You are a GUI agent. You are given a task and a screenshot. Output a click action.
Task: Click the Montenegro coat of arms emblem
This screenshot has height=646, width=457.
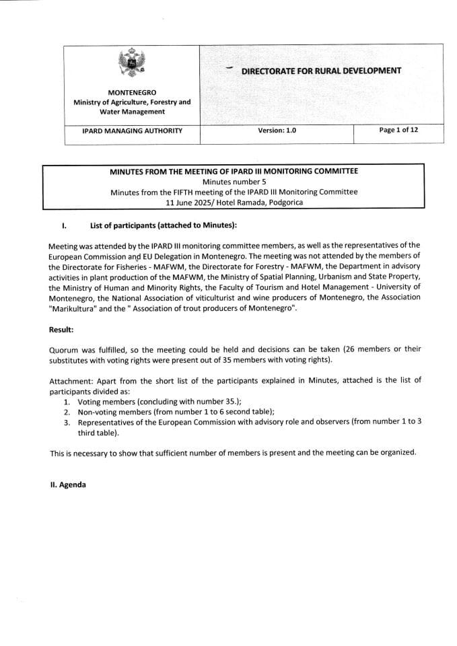[131, 65]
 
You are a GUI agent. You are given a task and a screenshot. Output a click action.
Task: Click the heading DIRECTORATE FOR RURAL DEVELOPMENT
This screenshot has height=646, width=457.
[321, 70]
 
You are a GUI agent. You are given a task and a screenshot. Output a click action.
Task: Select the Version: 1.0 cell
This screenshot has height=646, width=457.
[277, 131]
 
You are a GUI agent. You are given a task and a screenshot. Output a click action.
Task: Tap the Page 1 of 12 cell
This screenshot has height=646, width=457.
[398, 130]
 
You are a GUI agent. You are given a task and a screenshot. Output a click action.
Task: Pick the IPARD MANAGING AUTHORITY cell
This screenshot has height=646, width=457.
[132, 131]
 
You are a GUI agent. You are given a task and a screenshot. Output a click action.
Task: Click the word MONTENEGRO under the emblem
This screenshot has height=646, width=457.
[132, 92]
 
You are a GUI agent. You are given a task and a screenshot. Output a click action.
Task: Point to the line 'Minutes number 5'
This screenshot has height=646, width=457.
[234, 181]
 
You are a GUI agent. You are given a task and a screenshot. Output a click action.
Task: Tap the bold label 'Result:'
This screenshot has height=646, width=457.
[61, 330]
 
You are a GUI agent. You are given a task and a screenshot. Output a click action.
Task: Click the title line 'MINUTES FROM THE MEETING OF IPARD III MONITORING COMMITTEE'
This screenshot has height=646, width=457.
[234, 171]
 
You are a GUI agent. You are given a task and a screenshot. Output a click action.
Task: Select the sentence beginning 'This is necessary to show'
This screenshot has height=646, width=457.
[233, 452]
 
